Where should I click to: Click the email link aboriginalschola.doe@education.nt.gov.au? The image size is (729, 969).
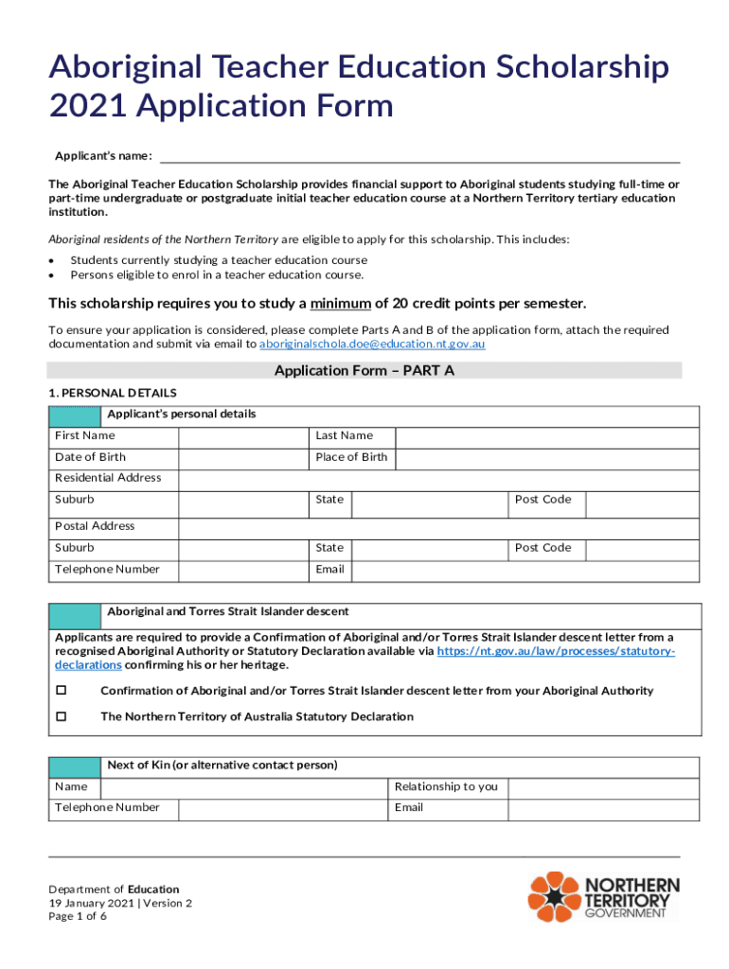pyautogui.click(x=372, y=344)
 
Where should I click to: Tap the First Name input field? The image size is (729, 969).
pyautogui.click(x=244, y=436)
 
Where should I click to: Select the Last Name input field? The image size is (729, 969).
pyautogui.click(x=546, y=436)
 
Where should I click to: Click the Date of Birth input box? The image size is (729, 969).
pyautogui.click(x=244, y=458)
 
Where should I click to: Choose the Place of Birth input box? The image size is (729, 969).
pyautogui.click(x=546, y=458)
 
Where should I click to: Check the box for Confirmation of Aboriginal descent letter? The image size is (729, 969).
pyautogui.click(x=62, y=691)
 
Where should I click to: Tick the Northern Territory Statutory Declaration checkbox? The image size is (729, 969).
pyautogui.click(x=62, y=716)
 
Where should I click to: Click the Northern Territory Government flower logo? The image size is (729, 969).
pyautogui.click(x=554, y=897)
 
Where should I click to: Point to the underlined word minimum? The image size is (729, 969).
pyautogui.click(x=342, y=304)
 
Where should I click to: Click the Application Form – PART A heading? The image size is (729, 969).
pyautogui.click(x=364, y=371)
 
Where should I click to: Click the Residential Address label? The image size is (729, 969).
pyautogui.click(x=108, y=478)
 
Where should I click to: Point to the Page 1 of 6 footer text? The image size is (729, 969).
pyautogui.click(x=78, y=916)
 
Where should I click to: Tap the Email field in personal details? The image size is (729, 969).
pyautogui.click(x=525, y=570)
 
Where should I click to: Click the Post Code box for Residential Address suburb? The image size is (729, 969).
pyautogui.click(x=642, y=501)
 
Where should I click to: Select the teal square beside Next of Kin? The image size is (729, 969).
pyautogui.click(x=75, y=766)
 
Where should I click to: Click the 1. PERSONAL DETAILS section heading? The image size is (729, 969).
pyautogui.click(x=113, y=393)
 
